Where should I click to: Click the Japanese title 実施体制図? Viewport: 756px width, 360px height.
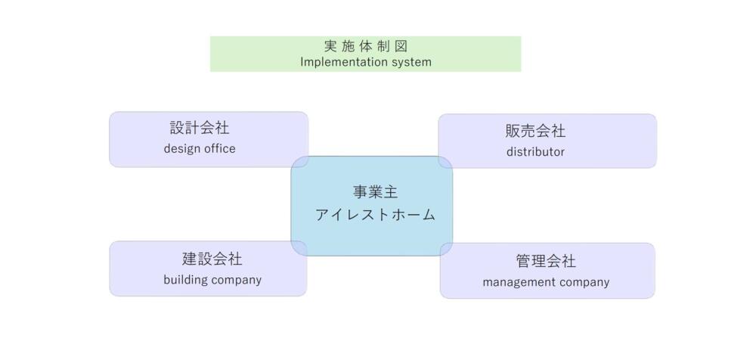(x=366, y=46)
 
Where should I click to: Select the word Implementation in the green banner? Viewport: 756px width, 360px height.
(x=338, y=62)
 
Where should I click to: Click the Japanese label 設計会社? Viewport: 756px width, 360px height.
(x=200, y=128)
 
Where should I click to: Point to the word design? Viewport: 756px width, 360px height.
(x=181, y=149)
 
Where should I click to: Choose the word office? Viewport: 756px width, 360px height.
(x=218, y=149)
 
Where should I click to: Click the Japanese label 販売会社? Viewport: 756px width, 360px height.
(x=535, y=131)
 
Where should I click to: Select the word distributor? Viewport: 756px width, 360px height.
(x=535, y=152)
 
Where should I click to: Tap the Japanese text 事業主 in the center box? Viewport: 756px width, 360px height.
(x=375, y=192)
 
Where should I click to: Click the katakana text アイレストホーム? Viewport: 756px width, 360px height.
(x=375, y=215)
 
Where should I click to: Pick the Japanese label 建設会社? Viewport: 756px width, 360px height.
(x=212, y=259)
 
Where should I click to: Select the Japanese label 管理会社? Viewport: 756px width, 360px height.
(x=546, y=261)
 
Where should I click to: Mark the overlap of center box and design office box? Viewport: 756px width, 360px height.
(x=300, y=162)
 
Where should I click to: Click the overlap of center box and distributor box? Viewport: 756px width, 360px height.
(x=446, y=162)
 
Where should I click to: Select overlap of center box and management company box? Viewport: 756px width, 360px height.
(x=447, y=250)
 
